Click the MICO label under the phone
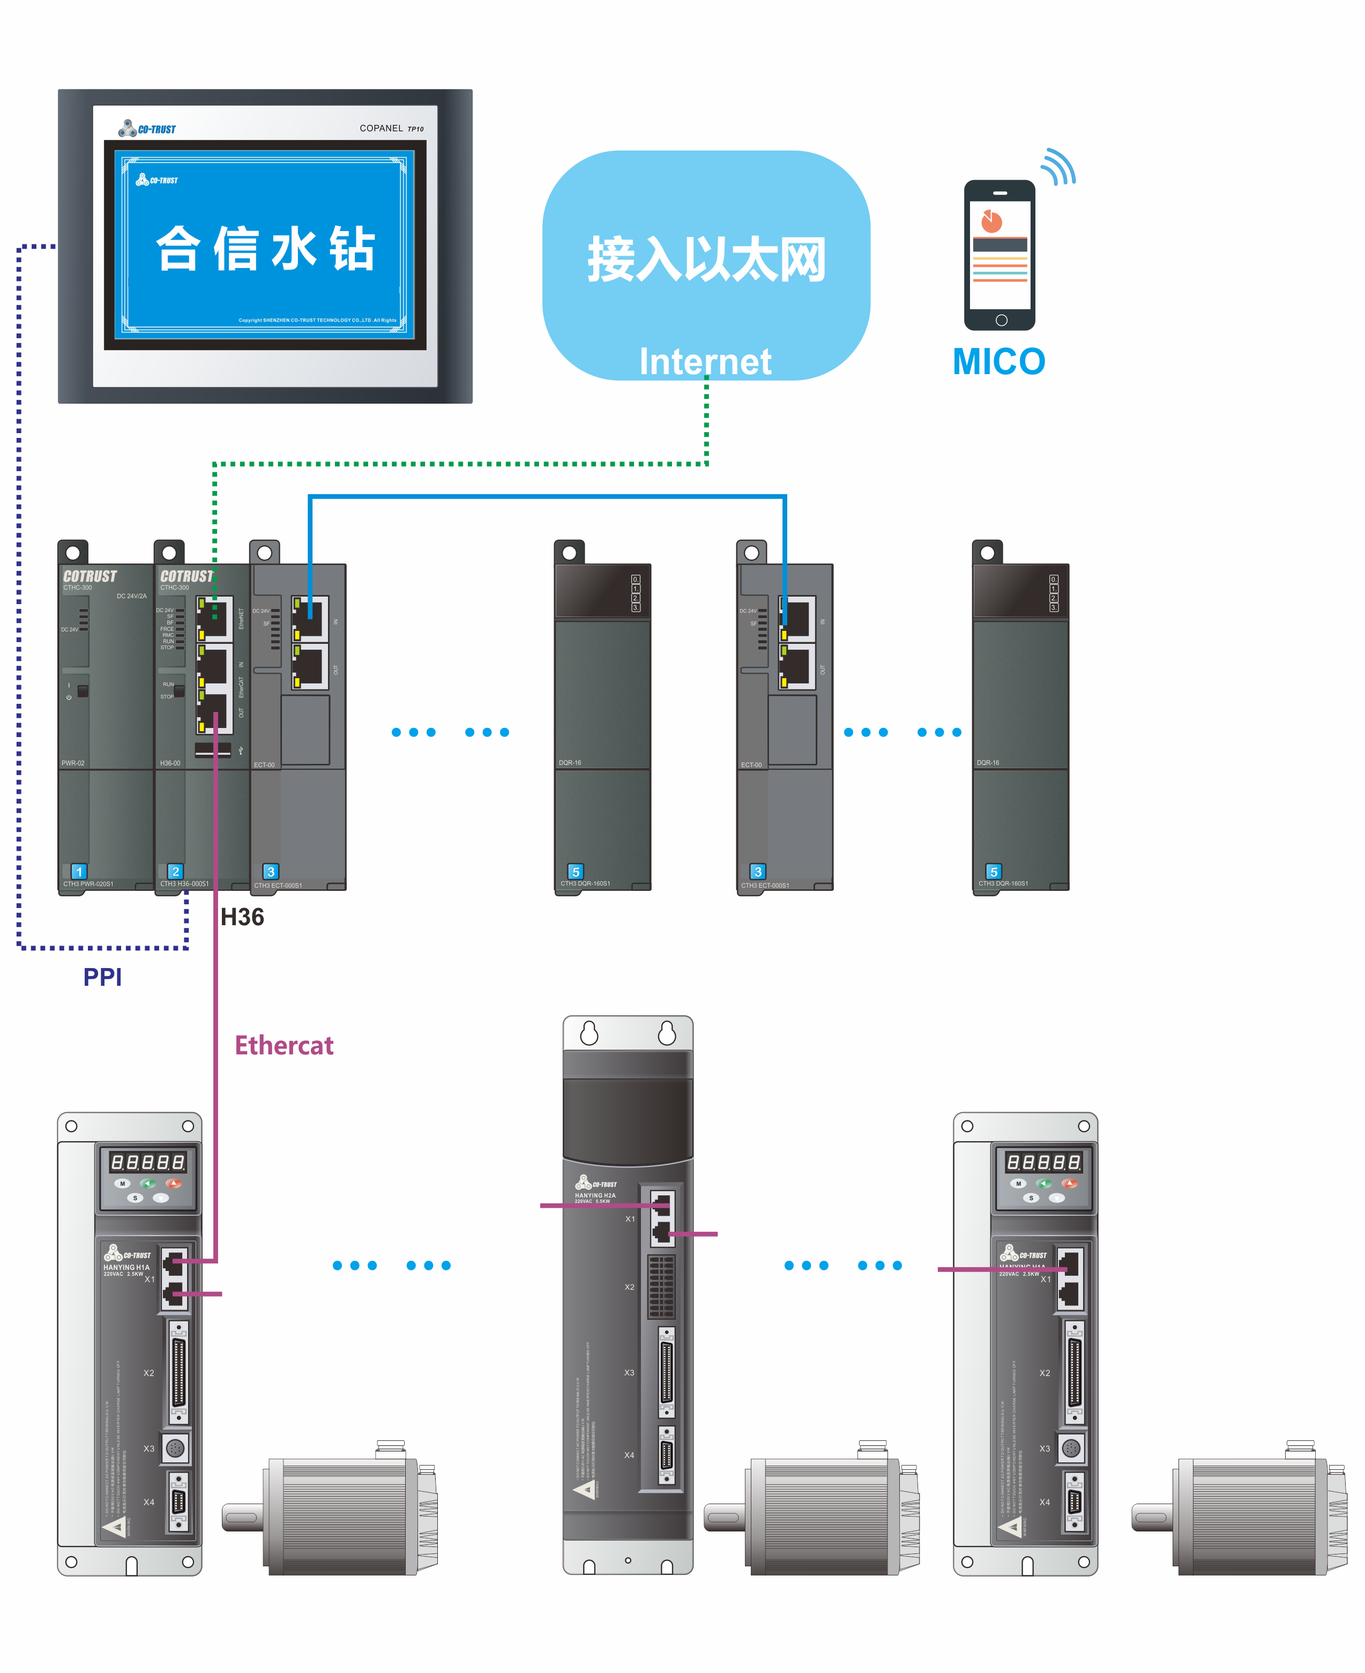point(998,362)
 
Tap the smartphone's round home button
point(1001,320)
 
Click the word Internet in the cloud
point(705,362)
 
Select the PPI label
point(102,977)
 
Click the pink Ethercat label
point(284,1045)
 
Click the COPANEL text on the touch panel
point(382,128)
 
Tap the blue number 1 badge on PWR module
point(79,872)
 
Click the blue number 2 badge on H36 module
point(175,872)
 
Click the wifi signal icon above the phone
point(1058,167)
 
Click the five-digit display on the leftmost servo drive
point(148,1162)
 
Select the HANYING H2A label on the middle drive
point(595,1195)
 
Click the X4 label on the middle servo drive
point(629,1455)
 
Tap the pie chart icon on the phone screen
point(991,222)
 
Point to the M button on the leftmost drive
point(122,1183)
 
